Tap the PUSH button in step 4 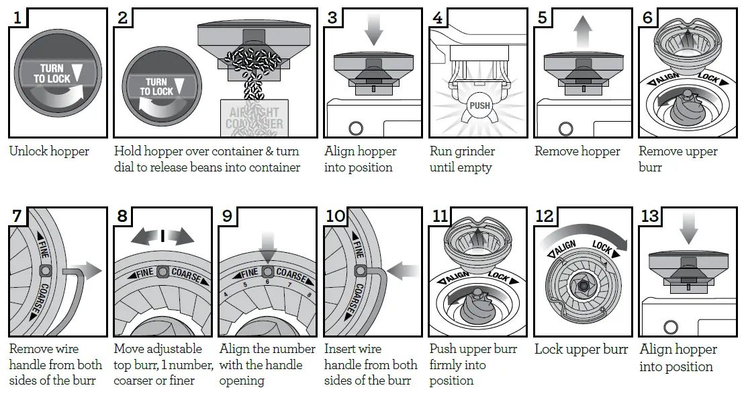[x=479, y=106]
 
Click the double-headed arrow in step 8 [x=164, y=236]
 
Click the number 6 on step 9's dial [x=267, y=283]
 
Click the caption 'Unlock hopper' [x=49, y=151]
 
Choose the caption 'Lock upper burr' [x=581, y=350]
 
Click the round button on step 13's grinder [x=669, y=327]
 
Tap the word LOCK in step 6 [x=708, y=80]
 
